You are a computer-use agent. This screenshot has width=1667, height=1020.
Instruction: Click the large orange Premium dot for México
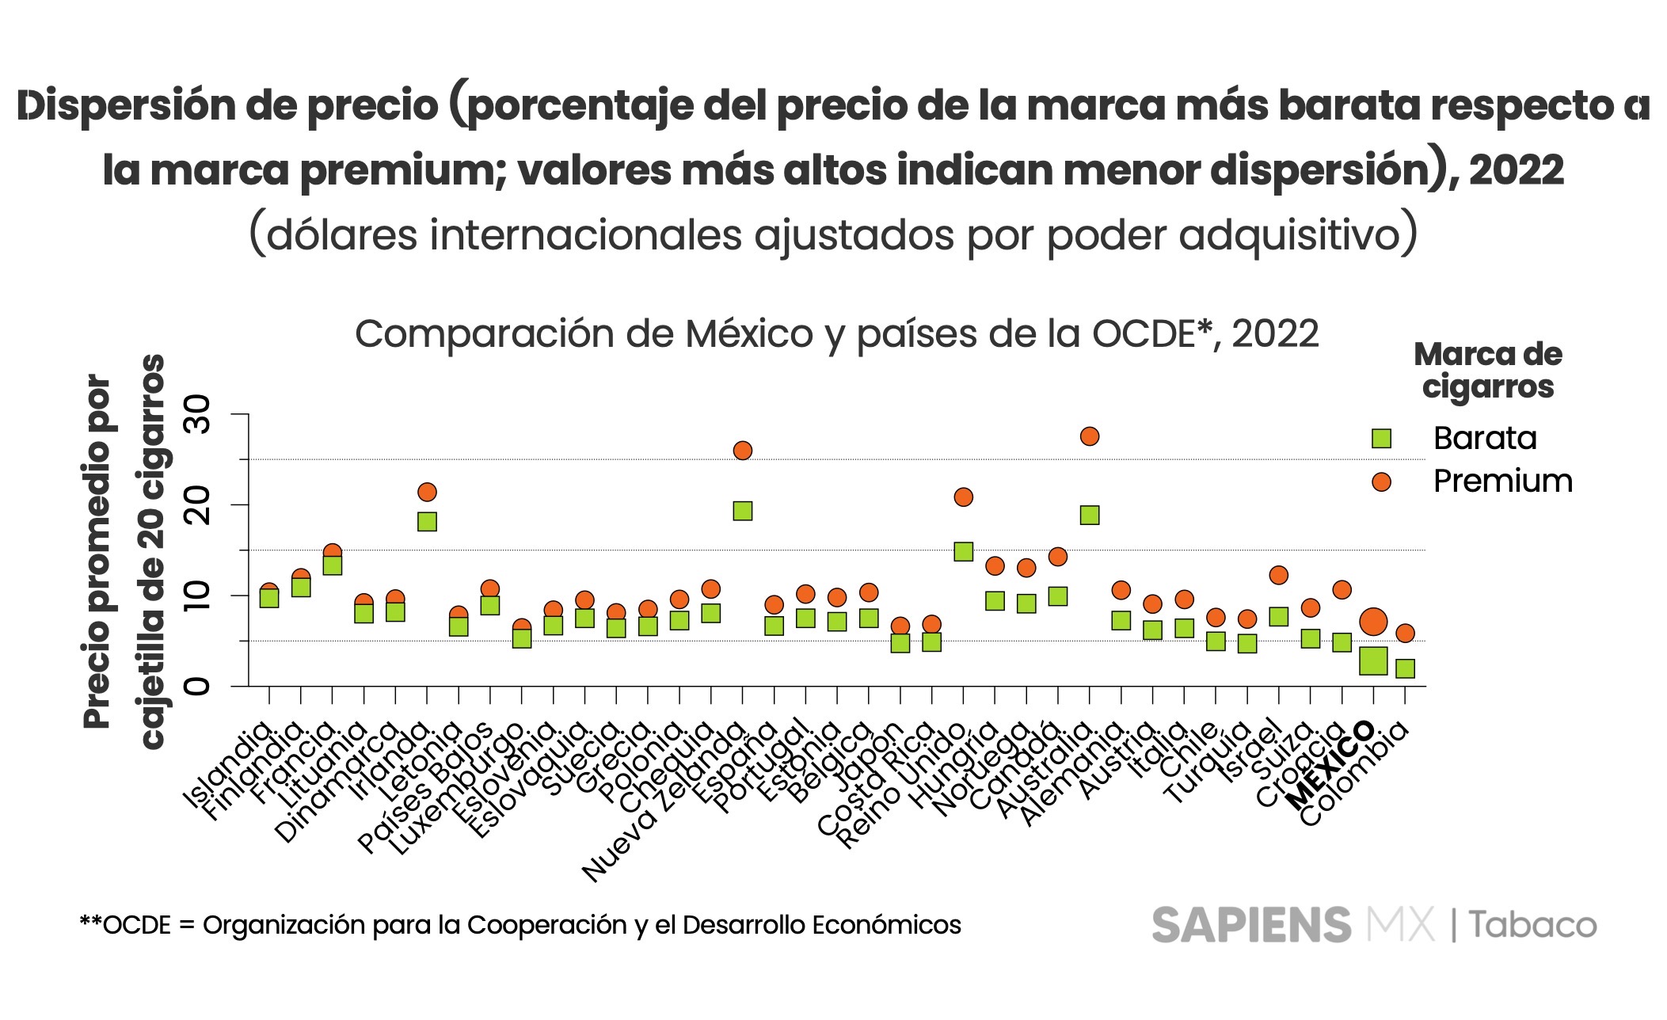[x=1373, y=622]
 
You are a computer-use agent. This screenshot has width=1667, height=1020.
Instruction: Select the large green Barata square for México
[x=1373, y=660]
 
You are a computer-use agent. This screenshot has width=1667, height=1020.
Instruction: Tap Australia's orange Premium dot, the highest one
[x=1090, y=436]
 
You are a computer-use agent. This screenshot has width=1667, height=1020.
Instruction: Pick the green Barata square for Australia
[x=1090, y=516]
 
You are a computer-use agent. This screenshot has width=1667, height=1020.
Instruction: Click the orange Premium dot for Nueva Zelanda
[x=743, y=451]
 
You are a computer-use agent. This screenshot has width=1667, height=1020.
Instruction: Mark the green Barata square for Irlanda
[x=427, y=521]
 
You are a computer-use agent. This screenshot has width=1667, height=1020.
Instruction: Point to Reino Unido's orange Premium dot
[x=964, y=497]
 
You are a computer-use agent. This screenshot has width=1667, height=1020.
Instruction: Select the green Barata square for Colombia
[x=1405, y=668]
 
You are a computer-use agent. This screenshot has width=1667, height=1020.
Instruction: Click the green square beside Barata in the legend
[x=1381, y=439]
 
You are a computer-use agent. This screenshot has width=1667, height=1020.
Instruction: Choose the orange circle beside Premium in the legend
[x=1381, y=481]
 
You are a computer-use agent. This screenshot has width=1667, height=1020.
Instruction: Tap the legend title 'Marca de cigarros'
[x=1487, y=371]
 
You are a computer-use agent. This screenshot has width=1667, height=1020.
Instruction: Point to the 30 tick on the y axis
[x=198, y=414]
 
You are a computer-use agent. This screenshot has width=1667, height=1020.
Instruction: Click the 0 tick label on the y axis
[x=198, y=686]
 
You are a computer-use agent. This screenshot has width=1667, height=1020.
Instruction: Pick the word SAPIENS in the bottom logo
[x=1251, y=925]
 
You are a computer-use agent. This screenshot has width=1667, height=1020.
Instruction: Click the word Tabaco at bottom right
[x=1533, y=925]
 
